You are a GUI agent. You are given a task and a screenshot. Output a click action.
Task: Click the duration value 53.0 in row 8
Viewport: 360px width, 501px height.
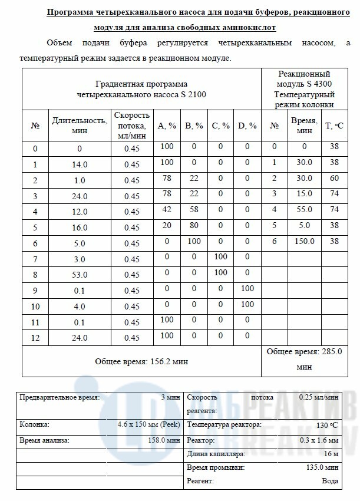[x=80, y=274]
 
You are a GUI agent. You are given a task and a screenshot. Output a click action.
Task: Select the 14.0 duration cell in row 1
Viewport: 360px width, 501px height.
[x=80, y=164]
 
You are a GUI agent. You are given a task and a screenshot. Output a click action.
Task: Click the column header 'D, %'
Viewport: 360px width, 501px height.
[x=247, y=126]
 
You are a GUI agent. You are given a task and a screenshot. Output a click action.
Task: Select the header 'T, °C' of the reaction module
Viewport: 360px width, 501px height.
[x=335, y=126]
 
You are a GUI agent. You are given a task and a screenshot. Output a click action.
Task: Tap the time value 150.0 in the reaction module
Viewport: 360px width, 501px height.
[x=304, y=241]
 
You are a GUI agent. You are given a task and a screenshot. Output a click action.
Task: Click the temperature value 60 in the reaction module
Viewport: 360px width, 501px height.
[x=335, y=178]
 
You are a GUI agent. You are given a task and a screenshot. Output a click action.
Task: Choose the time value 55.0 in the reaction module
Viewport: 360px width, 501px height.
[x=304, y=209]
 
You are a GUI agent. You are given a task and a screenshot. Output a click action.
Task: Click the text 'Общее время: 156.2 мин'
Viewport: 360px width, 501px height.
[x=141, y=361]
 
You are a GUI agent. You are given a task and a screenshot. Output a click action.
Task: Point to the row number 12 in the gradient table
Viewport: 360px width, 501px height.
[x=35, y=338]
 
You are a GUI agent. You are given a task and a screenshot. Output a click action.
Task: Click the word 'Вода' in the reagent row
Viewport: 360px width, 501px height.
[x=330, y=482]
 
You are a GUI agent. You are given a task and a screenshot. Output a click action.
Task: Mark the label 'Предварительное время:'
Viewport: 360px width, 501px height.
[x=59, y=397]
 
